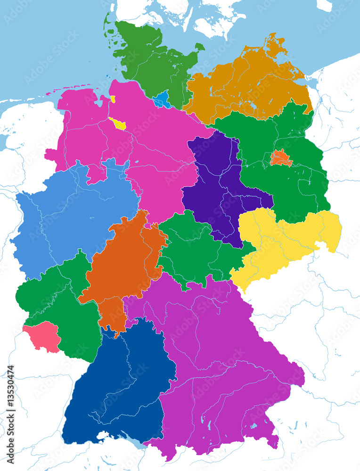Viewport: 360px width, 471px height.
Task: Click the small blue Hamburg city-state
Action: (161, 100)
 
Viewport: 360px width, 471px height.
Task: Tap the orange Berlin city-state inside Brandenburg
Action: (281, 158)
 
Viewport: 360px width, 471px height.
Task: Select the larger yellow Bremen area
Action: (118, 124)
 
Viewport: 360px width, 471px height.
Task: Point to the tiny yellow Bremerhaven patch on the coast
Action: (113, 99)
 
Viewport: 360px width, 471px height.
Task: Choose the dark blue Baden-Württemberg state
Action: (120, 386)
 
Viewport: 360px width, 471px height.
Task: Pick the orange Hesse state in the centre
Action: (123, 268)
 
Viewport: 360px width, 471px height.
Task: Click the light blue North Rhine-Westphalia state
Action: (71, 217)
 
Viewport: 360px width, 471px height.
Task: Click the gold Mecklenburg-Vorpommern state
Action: (245, 85)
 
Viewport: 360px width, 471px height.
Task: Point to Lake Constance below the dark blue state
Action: (137, 446)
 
